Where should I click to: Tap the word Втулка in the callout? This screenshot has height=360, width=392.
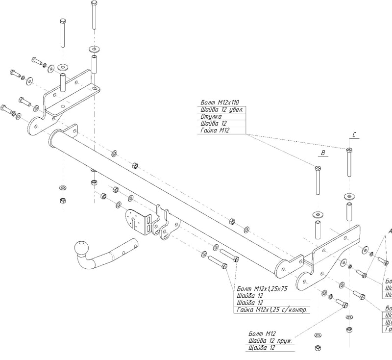pos(211,117)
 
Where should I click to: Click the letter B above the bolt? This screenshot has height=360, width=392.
pos(322,154)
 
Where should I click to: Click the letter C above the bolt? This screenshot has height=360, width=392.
pos(354,133)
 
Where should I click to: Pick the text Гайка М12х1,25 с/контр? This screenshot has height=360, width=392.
pos(272,310)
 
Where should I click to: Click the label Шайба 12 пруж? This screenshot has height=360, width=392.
pos(270,340)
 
